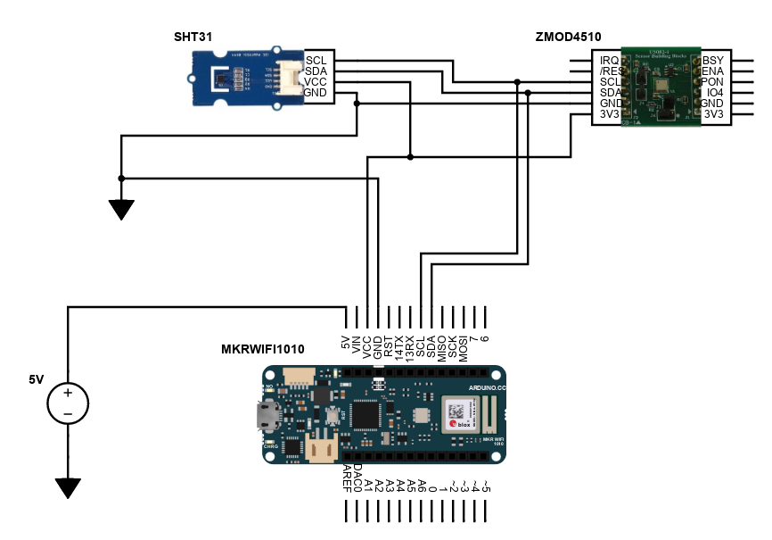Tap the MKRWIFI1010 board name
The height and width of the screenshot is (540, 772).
click(262, 349)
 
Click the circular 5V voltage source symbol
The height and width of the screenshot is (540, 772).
click(67, 402)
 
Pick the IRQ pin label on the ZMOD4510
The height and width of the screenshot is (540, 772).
click(610, 60)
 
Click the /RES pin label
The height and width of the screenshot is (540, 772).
click(610, 71)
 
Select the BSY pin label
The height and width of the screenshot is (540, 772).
click(713, 60)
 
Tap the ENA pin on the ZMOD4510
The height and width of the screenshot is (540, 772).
click(713, 71)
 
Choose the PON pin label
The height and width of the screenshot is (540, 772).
click(713, 82)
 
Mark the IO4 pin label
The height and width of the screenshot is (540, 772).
click(713, 93)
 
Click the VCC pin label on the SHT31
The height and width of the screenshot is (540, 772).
click(316, 82)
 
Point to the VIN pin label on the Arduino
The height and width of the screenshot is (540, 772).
click(357, 344)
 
